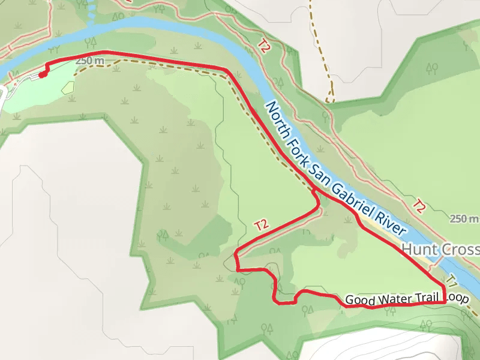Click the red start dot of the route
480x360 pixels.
click(x=41, y=75)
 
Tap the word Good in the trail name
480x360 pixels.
click(x=359, y=299)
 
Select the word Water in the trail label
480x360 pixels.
click(x=392, y=299)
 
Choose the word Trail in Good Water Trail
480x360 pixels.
click(x=424, y=298)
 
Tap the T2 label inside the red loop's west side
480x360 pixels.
click(x=260, y=226)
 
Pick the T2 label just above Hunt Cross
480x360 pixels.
click(x=419, y=206)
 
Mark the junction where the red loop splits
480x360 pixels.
click(x=316, y=192)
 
